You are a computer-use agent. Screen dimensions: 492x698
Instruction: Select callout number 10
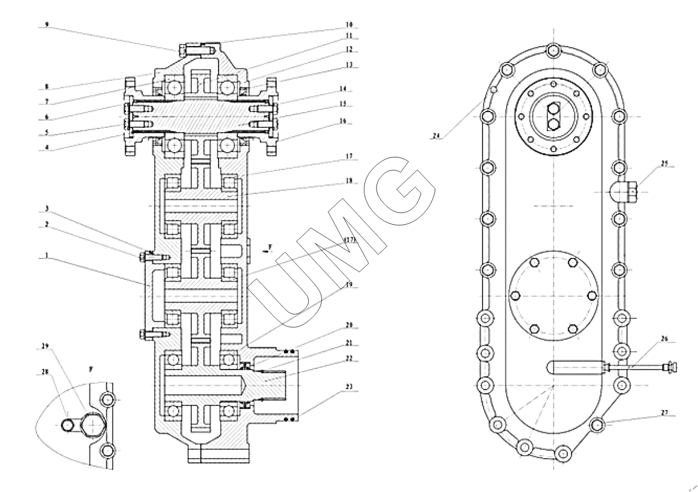pyautogui.click(x=348, y=25)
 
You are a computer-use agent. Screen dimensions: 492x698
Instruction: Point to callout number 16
pyautogui.click(x=343, y=121)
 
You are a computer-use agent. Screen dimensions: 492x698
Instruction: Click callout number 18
pyautogui.click(x=349, y=181)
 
